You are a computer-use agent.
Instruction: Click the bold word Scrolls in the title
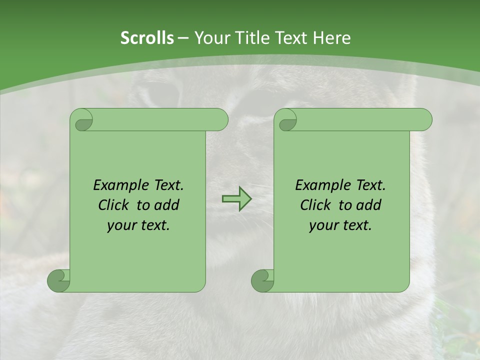(x=147, y=38)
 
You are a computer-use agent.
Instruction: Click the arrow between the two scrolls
(x=236, y=199)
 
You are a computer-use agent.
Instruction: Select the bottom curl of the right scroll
(x=263, y=280)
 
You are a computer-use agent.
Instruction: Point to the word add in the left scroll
(x=166, y=205)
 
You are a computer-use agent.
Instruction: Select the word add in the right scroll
(x=368, y=205)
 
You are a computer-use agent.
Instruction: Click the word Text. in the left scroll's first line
(x=166, y=185)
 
